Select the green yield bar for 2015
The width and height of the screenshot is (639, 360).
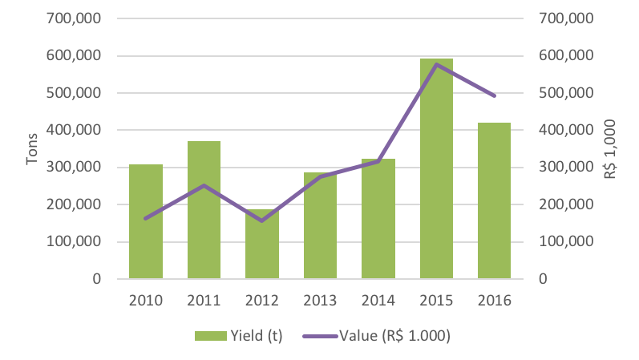[x=436, y=168]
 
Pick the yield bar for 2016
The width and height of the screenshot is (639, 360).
[x=494, y=200]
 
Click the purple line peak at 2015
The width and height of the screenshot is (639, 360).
[x=436, y=64]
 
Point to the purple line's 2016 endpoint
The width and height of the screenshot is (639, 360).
[x=495, y=95]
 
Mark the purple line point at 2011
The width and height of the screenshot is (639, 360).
[x=204, y=186]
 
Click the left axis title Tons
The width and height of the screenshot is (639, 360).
[x=32, y=148]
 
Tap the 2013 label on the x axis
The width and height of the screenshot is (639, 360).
[x=320, y=301]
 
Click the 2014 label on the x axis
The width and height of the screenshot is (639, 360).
[x=378, y=301]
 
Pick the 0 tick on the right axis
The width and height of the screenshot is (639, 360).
[x=544, y=279]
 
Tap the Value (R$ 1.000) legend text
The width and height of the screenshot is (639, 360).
[x=395, y=337]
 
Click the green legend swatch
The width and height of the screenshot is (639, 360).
[x=210, y=337]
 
